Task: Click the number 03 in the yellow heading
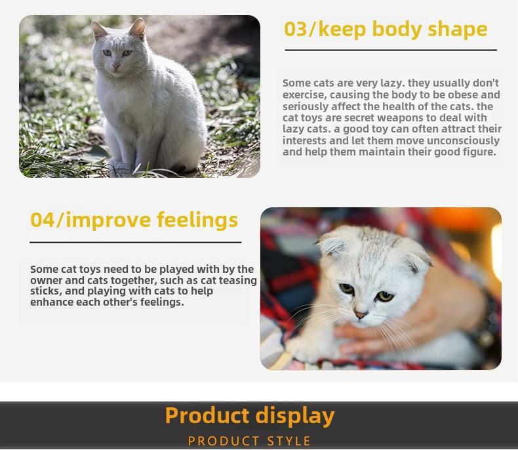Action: (295, 29)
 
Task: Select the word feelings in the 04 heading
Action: (197, 220)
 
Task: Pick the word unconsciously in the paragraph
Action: (463, 141)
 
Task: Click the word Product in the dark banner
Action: (207, 415)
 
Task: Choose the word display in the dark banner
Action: (295, 417)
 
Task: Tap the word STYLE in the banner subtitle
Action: (289, 441)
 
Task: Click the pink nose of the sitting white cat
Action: (116, 66)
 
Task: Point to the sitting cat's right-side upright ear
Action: (138, 28)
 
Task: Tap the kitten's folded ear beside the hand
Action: (418, 260)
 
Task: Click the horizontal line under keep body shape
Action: (391, 51)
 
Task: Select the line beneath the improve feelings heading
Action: (136, 242)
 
